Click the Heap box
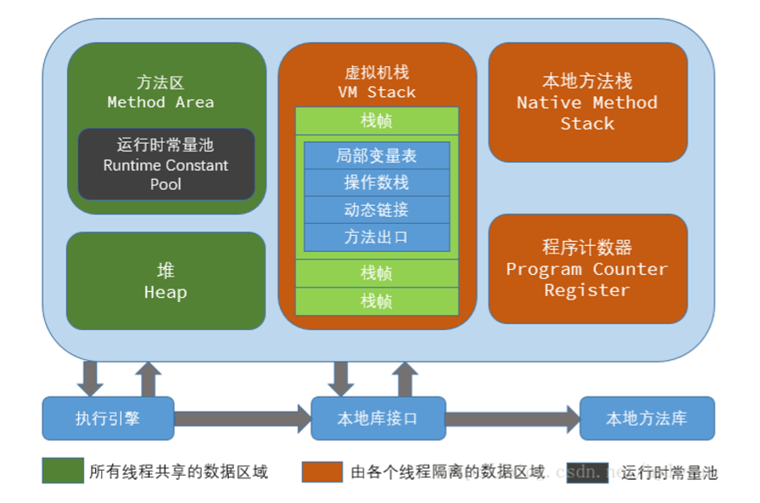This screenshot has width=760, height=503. pyautogui.click(x=166, y=281)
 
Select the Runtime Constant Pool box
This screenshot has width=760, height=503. pyautogui.click(x=166, y=164)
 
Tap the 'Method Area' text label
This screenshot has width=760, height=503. pyautogui.click(x=160, y=102)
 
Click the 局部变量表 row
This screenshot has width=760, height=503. pyautogui.click(x=376, y=156)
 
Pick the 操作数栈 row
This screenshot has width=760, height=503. pyautogui.click(x=376, y=183)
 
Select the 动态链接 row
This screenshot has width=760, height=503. pyautogui.click(x=376, y=210)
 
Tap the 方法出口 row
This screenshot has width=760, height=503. pyautogui.click(x=376, y=237)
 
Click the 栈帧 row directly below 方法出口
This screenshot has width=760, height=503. pyautogui.click(x=376, y=273)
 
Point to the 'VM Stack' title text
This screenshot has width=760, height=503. pyautogui.click(x=376, y=92)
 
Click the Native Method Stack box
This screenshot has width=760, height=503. pyautogui.click(x=587, y=102)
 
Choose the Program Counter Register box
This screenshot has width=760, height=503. pyautogui.click(x=587, y=269)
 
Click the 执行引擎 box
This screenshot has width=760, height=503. pyautogui.click(x=108, y=418)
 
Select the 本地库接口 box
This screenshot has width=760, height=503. pyautogui.click(x=378, y=418)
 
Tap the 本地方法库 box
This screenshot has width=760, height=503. pyautogui.click(x=647, y=418)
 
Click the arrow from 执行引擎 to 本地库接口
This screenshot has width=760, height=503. pyautogui.click(x=243, y=418)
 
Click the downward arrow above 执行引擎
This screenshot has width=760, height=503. pyautogui.click(x=90, y=378)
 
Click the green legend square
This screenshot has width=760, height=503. pyautogui.click(x=63, y=471)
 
